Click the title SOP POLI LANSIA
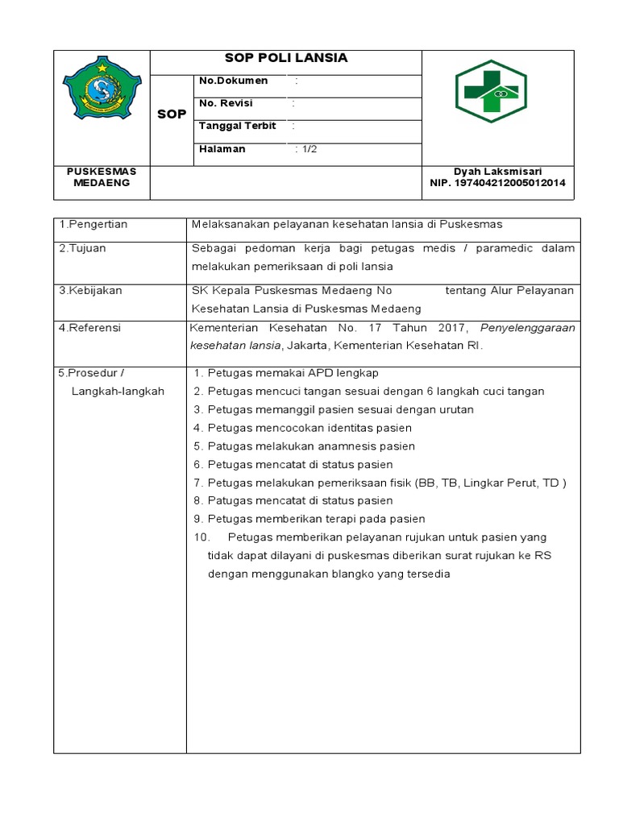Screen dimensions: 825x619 pos(285,58)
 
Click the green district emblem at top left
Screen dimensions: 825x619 pos(102,92)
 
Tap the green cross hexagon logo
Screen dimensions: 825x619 pos(490,91)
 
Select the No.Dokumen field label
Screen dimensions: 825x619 pos(233,81)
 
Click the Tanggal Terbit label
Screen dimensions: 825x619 pos(237,126)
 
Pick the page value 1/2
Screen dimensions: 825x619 pos(308,149)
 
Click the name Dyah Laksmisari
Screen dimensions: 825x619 pos(497,172)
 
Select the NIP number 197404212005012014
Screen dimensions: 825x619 pos(497,183)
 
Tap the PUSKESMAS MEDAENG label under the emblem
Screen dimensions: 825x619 pos(102,177)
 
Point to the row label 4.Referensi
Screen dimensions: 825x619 pos(89,328)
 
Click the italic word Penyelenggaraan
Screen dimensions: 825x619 pos(527,328)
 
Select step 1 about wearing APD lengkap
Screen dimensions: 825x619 pos(286,373)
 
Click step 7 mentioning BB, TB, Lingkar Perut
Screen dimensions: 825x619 pos(380,483)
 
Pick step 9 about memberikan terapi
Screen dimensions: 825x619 pos(309,519)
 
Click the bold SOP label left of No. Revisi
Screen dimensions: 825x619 pos(171,114)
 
